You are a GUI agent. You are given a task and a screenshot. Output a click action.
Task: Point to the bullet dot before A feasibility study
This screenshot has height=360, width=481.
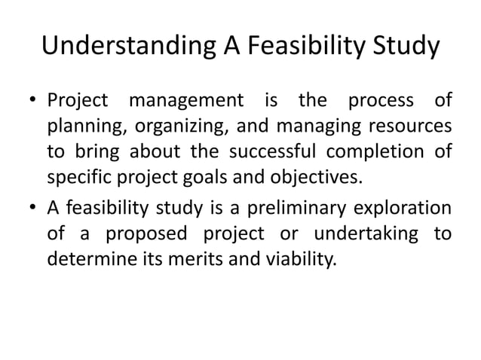pos(34,206)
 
